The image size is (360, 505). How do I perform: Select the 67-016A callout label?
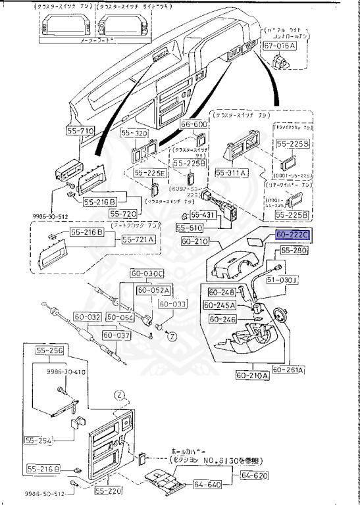pyautogui.click(x=280, y=46)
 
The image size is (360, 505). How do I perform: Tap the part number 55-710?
pyautogui.click(x=80, y=131)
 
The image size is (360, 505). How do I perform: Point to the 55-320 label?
pyautogui.click(x=136, y=133)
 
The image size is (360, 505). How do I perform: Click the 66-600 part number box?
pyautogui.click(x=194, y=124)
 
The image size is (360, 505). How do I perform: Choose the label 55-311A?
pyautogui.click(x=230, y=172)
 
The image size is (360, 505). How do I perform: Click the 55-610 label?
pyautogui.click(x=190, y=228)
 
